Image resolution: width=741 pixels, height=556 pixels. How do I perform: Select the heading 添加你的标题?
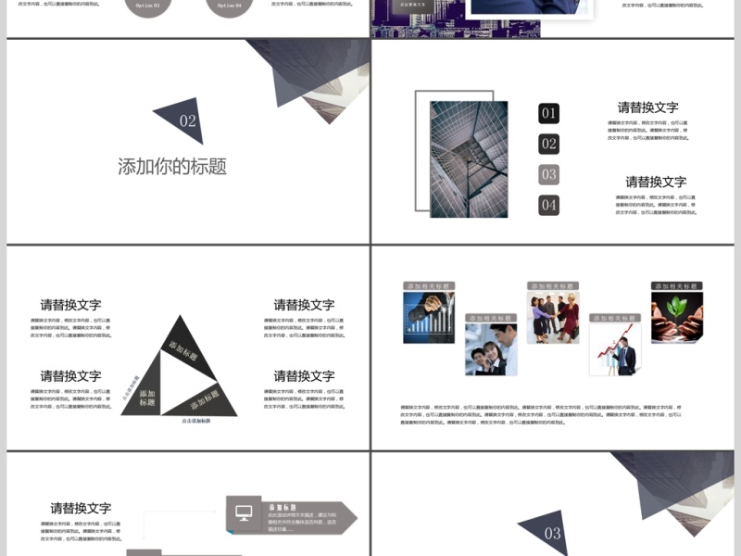(x=172, y=167)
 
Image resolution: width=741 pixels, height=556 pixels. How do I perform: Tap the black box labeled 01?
(x=549, y=114)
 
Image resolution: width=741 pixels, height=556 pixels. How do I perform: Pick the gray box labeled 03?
(x=549, y=174)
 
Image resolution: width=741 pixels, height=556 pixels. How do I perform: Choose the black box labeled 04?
(x=549, y=205)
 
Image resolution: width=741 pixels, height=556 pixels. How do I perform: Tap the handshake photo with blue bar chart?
(x=429, y=318)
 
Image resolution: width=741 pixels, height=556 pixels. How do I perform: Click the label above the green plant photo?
(x=676, y=286)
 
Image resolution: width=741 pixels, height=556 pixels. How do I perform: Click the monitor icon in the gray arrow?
(x=244, y=513)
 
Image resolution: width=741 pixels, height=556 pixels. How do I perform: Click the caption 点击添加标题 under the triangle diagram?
(x=189, y=421)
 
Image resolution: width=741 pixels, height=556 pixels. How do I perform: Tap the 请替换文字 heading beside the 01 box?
(x=648, y=107)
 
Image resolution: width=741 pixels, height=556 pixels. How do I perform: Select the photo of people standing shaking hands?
(x=553, y=318)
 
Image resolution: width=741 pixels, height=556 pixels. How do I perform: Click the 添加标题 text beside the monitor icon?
(x=282, y=508)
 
